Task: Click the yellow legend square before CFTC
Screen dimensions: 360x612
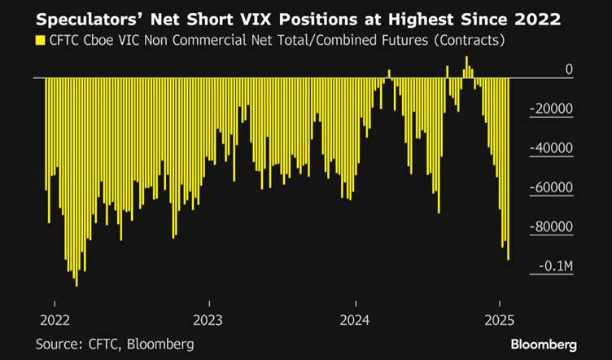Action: [x=39, y=39]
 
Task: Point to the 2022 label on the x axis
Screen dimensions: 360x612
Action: [x=53, y=318]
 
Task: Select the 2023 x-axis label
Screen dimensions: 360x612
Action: [x=208, y=318]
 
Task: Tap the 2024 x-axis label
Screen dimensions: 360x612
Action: [x=355, y=318]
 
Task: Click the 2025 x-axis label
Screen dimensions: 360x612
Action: [x=502, y=318]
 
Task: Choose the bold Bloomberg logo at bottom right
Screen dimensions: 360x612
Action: [x=544, y=344]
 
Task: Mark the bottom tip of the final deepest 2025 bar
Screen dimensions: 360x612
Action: [x=508, y=259]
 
